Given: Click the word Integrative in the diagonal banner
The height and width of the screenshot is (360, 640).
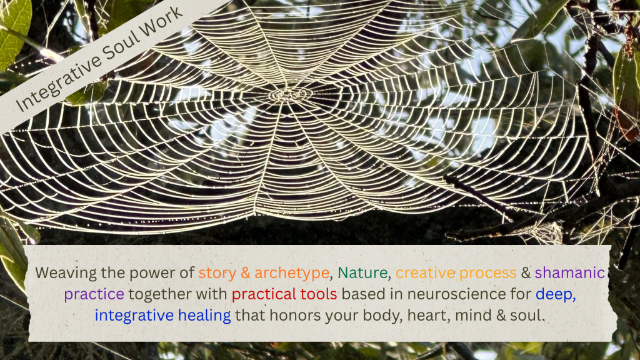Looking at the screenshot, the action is (58, 82).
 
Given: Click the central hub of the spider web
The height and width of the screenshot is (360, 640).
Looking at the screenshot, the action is (290, 95).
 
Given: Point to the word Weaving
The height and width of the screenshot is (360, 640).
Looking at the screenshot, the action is (66, 273).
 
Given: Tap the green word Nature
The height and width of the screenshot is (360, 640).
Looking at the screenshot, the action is (362, 272).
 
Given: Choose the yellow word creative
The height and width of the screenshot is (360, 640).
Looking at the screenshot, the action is (425, 272).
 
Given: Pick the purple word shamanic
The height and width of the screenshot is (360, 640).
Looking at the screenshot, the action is (570, 272).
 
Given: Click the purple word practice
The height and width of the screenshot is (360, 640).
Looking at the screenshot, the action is (94, 294).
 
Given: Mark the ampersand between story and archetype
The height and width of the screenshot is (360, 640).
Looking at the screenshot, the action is (245, 273).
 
